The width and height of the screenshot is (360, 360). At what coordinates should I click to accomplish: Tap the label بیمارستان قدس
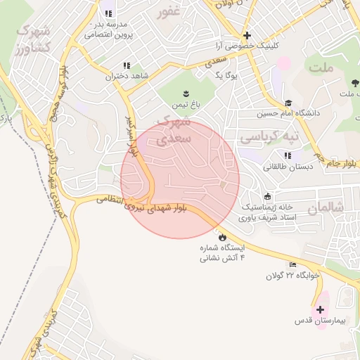pyautogui.click(x=320, y=321)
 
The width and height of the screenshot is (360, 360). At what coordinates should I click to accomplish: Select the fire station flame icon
pyautogui.click(x=223, y=237)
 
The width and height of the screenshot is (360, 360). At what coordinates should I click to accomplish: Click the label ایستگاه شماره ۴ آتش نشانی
pyautogui.click(x=223, y=253)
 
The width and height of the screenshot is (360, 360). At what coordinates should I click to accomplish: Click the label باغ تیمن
pyautogui.click(x=186, y=105)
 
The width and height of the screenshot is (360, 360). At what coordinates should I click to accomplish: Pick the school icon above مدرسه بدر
pyautogui.click(x=108, y=13)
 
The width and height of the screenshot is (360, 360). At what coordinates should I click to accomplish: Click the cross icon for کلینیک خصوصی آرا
pyautogui.click(x=246, y=35)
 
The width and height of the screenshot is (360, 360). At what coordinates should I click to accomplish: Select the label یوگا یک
pyautogui.click(x=229, y=75)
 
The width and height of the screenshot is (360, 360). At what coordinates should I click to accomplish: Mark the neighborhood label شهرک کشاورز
pyautogui.click(x=33, y=40)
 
